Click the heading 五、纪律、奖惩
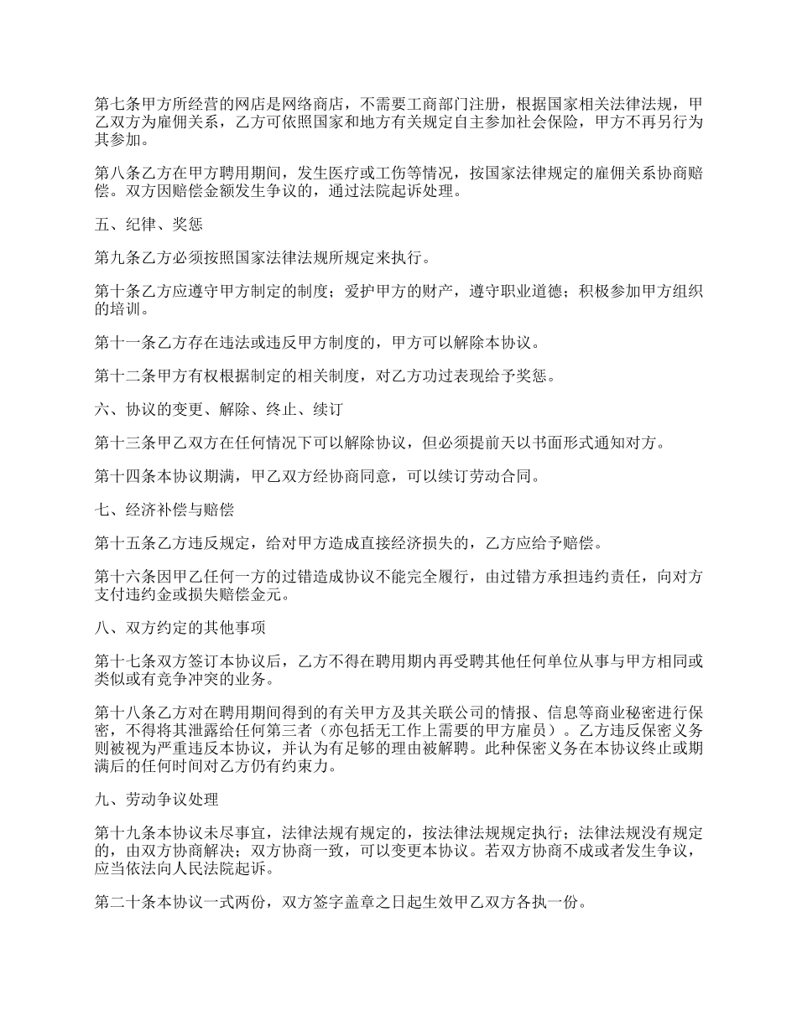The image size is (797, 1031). pos(148,225)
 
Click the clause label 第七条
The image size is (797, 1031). pos(118,106)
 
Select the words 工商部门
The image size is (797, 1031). pos(440,106)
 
